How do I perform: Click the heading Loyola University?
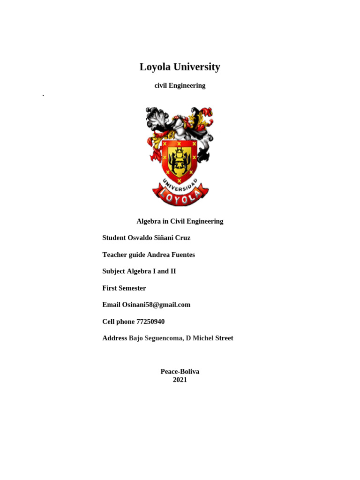click(x=180, y=67)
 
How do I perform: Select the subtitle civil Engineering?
click(x=180, y=86)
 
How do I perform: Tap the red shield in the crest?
click(x=179, y=159)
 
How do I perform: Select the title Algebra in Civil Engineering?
click(x=180, y=221)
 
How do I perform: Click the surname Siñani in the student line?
click(x=164, y=238)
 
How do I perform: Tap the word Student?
click(x=114, y=238)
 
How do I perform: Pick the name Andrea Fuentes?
click(x=171, y=255)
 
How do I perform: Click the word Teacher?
click(x=114, y=255)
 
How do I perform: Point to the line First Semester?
click(x=124, y=288)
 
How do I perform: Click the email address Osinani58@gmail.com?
click(x=156, y=305)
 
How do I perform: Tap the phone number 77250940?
click(x=150, y=322)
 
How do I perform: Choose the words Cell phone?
click(x=118, y=322)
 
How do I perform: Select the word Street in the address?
click(x=224, y=338)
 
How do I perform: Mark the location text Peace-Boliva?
click(x=180, y=372)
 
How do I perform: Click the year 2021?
click(x=180, y=380)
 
